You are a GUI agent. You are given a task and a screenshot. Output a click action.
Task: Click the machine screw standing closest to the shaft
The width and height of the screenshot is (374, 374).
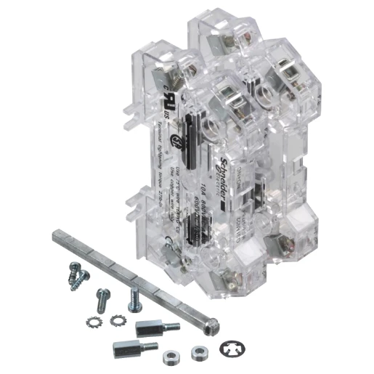[134, 298]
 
